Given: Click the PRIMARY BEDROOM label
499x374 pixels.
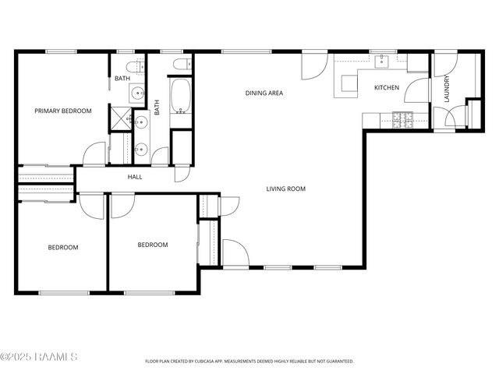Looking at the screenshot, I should [x=62, y=111].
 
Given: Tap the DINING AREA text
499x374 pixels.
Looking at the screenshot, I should [x=264, y=93].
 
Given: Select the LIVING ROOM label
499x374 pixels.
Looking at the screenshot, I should [x=285, y=189].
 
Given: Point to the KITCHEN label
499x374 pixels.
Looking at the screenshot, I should [x=387, y=87].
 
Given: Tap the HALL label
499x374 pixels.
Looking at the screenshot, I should [x=134, y=178].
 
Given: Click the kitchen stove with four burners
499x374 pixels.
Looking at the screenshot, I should [x=402, y=119].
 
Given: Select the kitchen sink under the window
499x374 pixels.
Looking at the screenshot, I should [x=384, y=60].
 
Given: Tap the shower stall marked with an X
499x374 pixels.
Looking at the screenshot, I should [x=121, y=118].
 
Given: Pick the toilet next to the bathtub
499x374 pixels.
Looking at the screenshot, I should [x=179, y=63].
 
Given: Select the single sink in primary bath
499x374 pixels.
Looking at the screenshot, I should [x=138, y=94].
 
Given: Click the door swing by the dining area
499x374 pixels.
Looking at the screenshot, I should [x=314, y=65].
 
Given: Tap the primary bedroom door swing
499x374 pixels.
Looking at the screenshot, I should [x=94, y=154].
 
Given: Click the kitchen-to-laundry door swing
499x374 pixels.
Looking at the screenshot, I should [x=417, y=88].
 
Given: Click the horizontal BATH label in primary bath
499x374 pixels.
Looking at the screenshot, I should [x=122, y=79].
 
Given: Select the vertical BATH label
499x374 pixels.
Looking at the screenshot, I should [x=157, y=108].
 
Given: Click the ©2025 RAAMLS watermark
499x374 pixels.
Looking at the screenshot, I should [x=39, y=357].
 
